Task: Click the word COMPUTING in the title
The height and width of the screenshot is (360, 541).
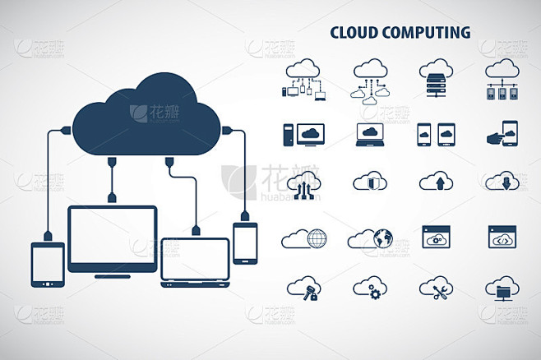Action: click(426, 32)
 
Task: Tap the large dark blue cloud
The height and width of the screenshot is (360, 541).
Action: click(146, 114)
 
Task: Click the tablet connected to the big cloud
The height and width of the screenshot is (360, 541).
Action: click(48, 265)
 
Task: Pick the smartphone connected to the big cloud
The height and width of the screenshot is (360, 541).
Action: click(245, 243)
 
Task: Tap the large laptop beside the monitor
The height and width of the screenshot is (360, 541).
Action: click(196, 262)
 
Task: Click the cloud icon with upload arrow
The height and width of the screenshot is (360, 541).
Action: click(436, 181)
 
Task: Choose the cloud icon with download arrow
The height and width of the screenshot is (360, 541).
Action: click(502, 181)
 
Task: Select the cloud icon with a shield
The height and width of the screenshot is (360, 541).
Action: click(370, 181)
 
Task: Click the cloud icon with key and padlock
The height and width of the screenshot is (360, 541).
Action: click(304, 288)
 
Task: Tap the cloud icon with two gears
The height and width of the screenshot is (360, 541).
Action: click(370, 288)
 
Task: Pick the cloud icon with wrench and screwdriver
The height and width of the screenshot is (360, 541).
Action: click(436, 288)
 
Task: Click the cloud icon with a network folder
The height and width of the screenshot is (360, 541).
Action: click(502, 288)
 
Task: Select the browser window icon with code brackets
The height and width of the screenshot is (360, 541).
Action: click(502, 237)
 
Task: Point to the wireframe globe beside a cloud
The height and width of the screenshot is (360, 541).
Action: click(317, 238)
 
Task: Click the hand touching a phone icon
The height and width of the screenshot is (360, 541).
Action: click(502, 133)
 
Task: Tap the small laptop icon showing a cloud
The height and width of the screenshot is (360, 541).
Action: click(370, 135)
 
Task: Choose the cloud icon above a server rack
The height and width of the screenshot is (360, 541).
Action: click(436, 78)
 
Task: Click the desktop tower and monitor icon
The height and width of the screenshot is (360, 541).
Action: click(304, 135)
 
